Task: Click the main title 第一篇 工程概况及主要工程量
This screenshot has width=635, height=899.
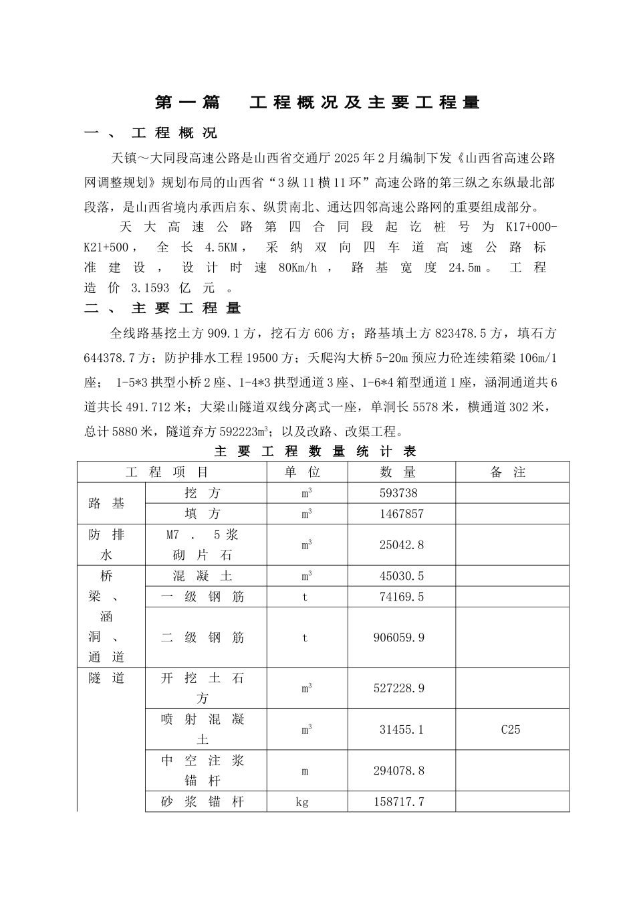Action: (x=317, y=102)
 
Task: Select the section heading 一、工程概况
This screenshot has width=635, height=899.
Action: (x=151, y=133)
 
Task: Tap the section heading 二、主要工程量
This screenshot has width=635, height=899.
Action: (x=163, y=308)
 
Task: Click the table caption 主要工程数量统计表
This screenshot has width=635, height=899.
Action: (x=315, y=452)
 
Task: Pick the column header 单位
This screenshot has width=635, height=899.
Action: (x=303, y=472)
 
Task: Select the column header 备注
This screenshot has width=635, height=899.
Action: (x=508, y=472)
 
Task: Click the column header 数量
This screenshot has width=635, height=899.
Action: (x=399, y=472)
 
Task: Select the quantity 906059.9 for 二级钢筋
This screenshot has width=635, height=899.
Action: (x=398, y=638)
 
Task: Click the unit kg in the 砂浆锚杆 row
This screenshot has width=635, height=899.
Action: (x=302, y=802)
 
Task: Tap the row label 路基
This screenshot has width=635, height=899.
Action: (x=107, y=504)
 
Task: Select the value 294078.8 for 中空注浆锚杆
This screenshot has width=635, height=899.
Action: (x=398, y=771)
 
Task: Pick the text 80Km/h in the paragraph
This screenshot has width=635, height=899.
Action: (x=297, y=268)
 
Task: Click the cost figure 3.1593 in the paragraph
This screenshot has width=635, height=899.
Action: (x=145, y=288)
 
